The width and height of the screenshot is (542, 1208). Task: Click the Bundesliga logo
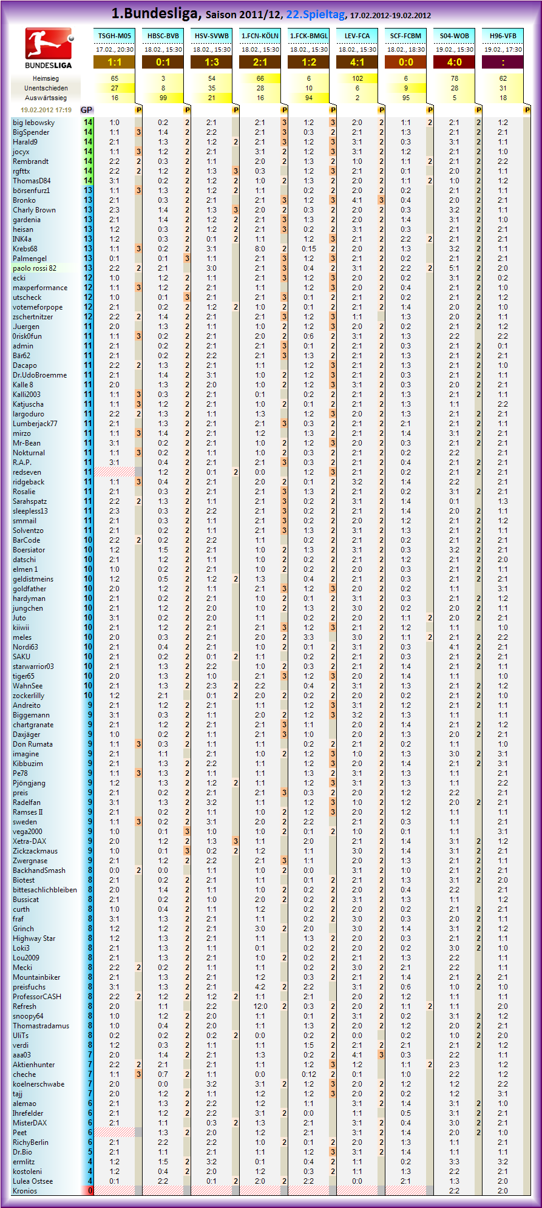(x=49, y=49)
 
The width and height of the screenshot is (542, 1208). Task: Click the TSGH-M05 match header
(x=114, y=36)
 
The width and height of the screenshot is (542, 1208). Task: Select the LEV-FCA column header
(x=357, y=36)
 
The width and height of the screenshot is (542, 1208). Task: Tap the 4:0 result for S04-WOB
(x=454, y=62)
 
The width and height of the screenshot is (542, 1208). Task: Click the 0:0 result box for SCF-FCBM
(x=405, y=62)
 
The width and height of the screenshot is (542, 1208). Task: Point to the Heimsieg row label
(x=46, y=78)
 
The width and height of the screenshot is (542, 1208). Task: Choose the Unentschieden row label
(x=46, y=88)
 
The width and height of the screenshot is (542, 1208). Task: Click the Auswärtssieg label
(x=46, y=98)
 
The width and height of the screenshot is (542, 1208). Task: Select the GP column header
(x=87, y=110)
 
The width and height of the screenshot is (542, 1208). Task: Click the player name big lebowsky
(x=34, y=123)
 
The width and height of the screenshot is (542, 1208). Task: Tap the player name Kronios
(x=25, y=1191)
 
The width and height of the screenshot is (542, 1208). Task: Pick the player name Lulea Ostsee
(x=33, y=1181)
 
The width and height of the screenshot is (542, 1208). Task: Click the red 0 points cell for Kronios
(x=89, y=1191)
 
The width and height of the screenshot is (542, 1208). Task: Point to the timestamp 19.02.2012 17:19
(x=46, y=110)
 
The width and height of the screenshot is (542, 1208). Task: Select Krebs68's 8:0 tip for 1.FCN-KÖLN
(x=260, y=249)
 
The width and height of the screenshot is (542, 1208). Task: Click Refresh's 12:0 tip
(x=260, y=1006)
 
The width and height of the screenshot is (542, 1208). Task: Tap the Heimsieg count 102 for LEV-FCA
(x=357, y=78)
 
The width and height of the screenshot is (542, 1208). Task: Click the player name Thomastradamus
(x=41, y=1026)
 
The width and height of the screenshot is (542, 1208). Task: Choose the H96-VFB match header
(x=503, y=36)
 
